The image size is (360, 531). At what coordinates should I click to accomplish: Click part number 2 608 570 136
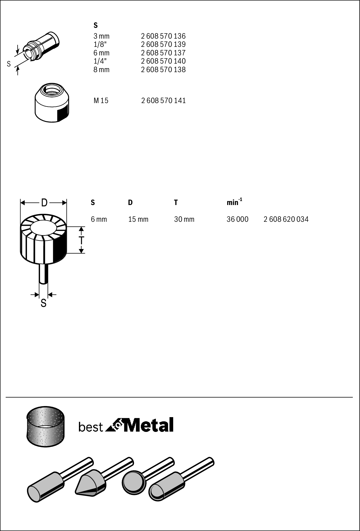pos(163,36)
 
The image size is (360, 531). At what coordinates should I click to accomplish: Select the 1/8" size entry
pos(100,44)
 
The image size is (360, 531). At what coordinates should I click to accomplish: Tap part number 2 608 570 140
pos(163,61)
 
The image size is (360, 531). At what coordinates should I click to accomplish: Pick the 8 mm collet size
pos(101,70)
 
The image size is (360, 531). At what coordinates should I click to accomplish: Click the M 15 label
pos(101,101)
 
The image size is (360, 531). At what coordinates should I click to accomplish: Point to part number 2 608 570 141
pos(164,101)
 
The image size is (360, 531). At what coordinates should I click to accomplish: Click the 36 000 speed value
pos(237,219)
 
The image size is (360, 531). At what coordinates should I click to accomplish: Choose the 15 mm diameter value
pos(138,219)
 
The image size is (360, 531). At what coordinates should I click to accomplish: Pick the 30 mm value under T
pos(184,219)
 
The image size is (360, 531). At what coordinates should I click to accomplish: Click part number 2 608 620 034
pos(286,219)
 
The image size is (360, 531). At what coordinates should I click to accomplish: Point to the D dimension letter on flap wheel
pos(44,203)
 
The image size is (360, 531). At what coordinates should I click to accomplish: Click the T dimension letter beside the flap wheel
pos(81,240)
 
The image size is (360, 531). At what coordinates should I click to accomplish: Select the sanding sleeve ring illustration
pos(45,426)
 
